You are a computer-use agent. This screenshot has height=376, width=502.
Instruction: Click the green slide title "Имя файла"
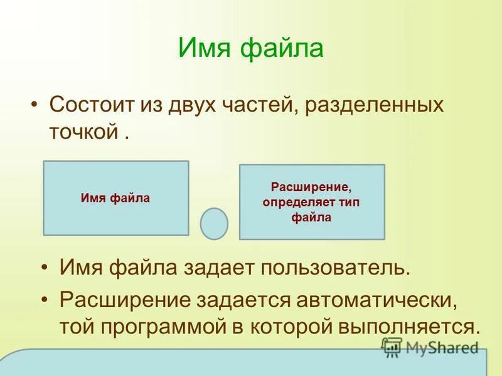(251, 49)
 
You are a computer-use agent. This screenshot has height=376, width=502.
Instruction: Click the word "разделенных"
(375, 104)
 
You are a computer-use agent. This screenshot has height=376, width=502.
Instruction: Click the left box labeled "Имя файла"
(115, 198)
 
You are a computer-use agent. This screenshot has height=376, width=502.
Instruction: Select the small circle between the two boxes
(214, 224)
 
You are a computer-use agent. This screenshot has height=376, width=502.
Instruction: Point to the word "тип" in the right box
(349, 202)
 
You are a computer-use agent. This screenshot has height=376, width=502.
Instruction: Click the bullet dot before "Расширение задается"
(45, 299)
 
